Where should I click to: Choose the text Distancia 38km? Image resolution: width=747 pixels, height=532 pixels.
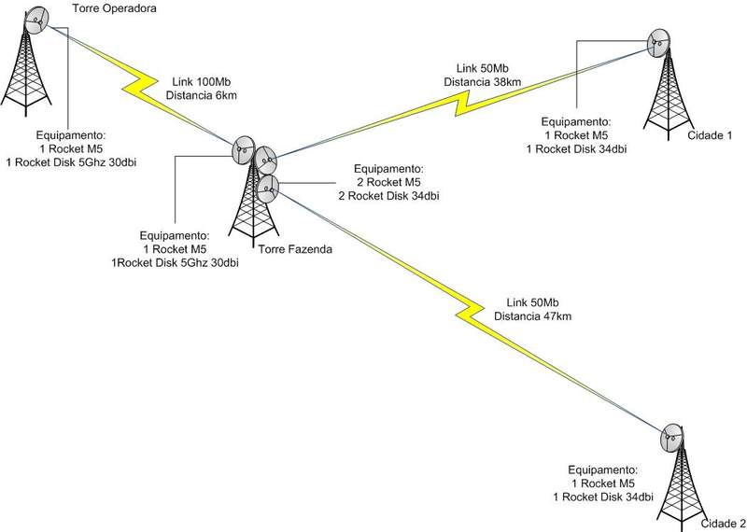click(482, 83)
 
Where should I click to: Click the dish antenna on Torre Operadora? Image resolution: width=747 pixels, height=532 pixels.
click(40, 18)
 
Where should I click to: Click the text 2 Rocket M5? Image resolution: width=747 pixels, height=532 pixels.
click(391, 181)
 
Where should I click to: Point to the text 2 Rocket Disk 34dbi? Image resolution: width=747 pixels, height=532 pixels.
click(391, 195)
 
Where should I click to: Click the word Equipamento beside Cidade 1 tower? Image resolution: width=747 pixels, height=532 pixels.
click(577, 121)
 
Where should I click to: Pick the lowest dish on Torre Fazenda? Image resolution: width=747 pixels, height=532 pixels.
click(268, 190)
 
